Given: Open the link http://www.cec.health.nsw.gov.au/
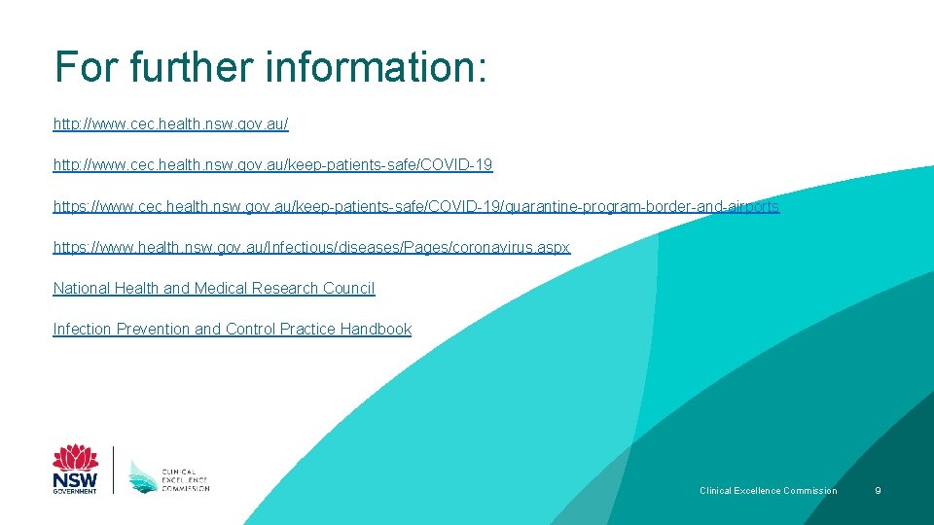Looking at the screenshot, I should point(170,125).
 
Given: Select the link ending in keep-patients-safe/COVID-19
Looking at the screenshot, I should point(272,166).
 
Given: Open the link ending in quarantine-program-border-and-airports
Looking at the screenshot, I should point(415,207).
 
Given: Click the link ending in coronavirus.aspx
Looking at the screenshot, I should point(311,248).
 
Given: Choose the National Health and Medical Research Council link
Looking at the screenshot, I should point(213,289).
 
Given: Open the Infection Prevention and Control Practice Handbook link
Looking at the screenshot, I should point(232,330).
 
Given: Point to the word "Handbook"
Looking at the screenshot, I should point(376,330).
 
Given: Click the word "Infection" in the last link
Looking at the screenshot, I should point(82,330).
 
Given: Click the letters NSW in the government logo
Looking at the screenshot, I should point(75,479).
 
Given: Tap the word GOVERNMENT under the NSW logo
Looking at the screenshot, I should point(75,492).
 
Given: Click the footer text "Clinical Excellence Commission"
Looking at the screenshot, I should point(768,491).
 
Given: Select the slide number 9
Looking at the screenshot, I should point(878,491).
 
